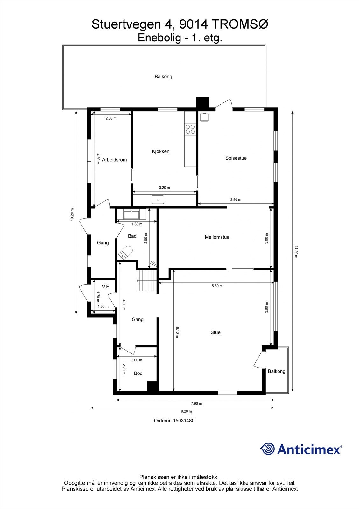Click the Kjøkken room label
point(160,151)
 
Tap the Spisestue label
point(236,158)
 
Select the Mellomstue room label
point(217,237)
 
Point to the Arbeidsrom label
point(114,160)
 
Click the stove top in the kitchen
point(190,129)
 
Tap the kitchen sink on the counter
point(158,199)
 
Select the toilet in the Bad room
point(125,252)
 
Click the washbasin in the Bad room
point(131,214)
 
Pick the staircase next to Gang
point(147,280)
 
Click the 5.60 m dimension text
point(217,286)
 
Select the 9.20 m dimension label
point(182,411)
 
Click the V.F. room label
point(106,287)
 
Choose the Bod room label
point(138,373)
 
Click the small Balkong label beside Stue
point(276,371)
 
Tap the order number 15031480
point(183,420)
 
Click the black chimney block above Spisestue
point(202,102)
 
